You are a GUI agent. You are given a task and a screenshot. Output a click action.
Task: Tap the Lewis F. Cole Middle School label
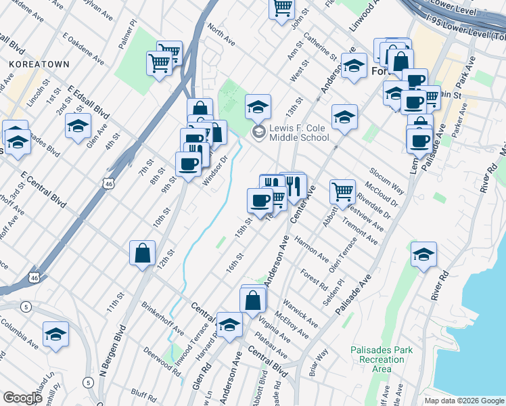pos(298,133)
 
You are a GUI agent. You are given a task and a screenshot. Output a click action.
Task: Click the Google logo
pos(23,398)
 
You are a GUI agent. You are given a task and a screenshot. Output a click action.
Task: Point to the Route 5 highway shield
pos(25,307)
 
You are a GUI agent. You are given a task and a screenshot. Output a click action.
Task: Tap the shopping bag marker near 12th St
pos(143,254)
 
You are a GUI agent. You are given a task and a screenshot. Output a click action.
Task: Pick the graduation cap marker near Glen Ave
pos(78,126)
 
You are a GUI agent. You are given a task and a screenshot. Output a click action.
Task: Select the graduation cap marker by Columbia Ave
pos(55,334)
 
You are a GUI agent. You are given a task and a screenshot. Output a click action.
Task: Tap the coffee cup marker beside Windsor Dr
pos(188,162)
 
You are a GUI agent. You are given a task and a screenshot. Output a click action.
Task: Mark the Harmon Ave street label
pos(311,250)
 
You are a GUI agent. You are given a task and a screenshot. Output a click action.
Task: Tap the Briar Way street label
pos(317,362)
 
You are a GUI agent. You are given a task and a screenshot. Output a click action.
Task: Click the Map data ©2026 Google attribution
pos(463,400)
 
